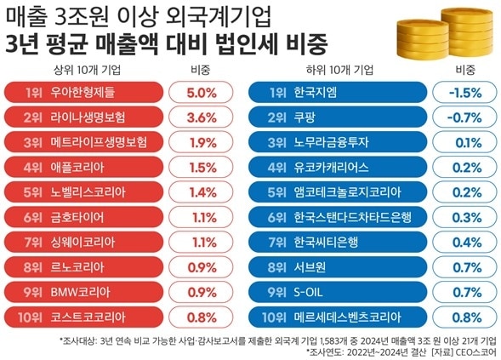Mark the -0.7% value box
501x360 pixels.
coord(465,117)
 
